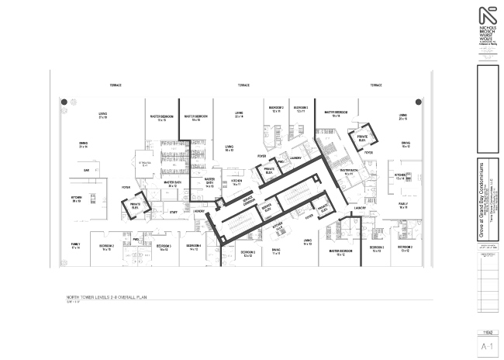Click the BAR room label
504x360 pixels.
[x=87, y=170]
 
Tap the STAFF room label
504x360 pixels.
[x=174, y=212]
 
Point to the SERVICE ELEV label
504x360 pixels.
[x=268, y=209]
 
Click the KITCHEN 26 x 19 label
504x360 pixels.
[x=77, y=199]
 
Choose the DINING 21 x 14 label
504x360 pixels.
[x=83, y=144]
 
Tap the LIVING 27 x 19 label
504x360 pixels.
[x=102, y=116]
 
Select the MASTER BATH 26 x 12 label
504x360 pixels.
[x=173, y=184]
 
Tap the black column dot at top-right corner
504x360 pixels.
[x=419, y=101]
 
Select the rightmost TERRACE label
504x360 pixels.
[x=376, y=85]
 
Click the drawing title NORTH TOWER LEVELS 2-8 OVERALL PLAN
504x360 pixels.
[x=107, y=297]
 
